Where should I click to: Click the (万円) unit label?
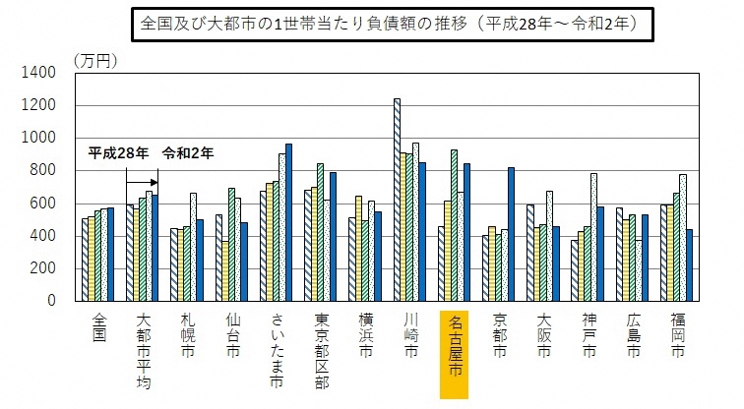[x=94, y=60]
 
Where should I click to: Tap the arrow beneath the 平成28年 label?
[x=142, y=182]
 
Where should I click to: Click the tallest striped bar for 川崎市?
[x=397, y=200]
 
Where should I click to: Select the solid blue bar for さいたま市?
[x=288, y=222]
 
